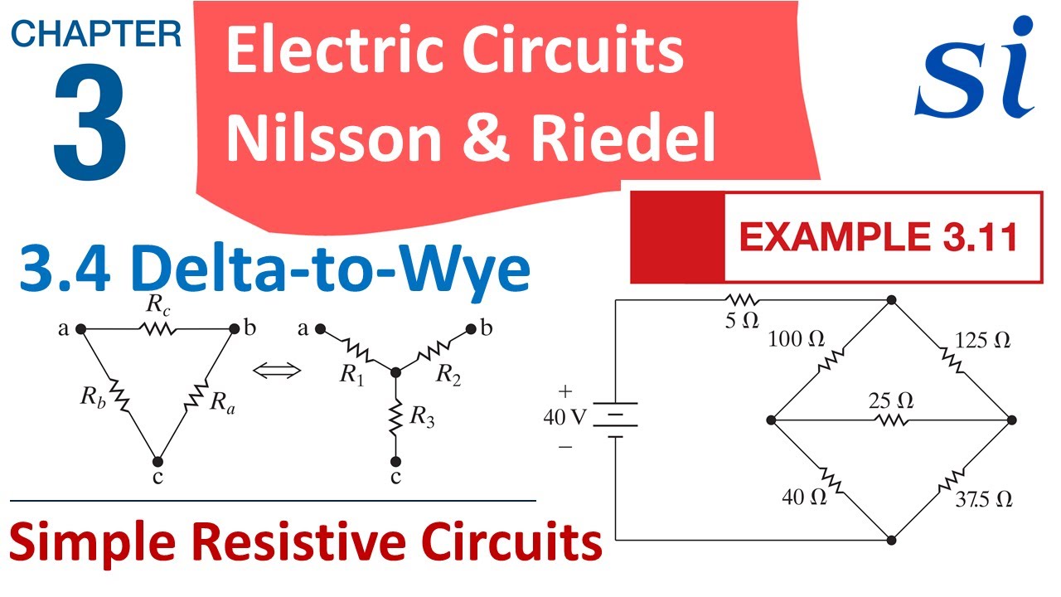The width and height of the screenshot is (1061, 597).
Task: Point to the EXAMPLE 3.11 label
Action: [x=878, y=238]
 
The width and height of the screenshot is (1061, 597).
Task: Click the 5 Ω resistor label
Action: [x=742, y=320]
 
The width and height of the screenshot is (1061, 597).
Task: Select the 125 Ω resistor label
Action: [x=983, y=341]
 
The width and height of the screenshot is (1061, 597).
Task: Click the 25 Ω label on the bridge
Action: [x=891, y=401]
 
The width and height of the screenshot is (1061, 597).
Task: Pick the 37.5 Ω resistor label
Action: [x=983, y=499]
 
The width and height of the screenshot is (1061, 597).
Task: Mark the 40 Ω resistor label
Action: [x=804, y=498]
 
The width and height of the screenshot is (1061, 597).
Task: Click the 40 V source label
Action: [x=564, y=418]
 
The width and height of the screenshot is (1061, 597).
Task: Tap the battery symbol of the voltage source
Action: [x=615, y=418]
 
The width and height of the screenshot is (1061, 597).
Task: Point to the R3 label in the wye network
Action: [x=422, y=420]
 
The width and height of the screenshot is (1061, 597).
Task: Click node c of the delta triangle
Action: [x=157, y=461]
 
